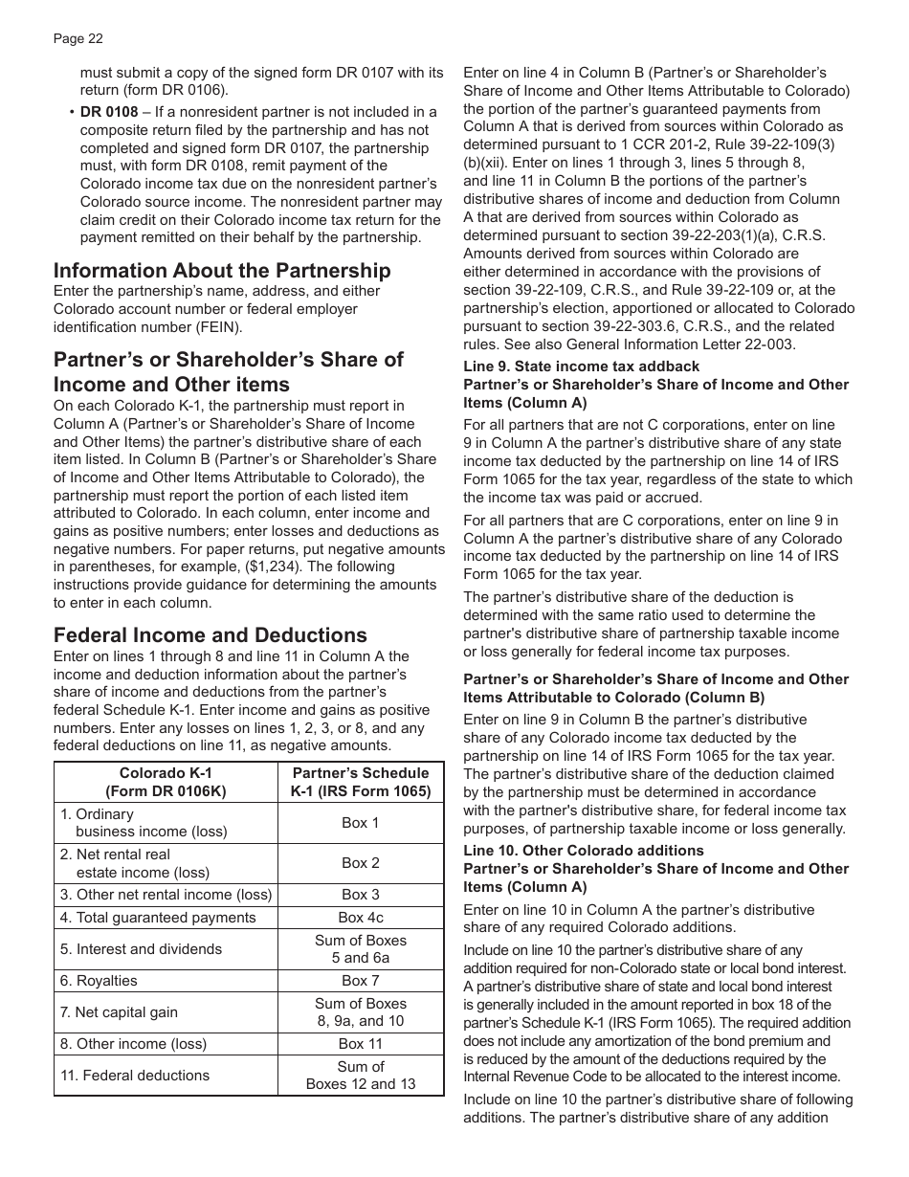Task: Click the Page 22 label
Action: tap(78, 39)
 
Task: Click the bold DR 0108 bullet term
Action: tap(106, 112)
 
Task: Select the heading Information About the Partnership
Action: tap(222, 271)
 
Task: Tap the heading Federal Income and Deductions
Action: tap(210, 635)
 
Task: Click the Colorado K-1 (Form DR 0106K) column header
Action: tap(166, 782)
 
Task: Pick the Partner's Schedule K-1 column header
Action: tap(361, 782)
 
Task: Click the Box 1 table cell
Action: tap(361, 823)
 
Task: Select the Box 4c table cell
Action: tap(361, 918)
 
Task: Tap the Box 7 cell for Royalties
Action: tap(361, 981)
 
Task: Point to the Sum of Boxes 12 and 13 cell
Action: tap(361, 1076)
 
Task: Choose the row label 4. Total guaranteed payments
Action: tap(158, 918)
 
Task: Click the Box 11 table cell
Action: tap(361, 1044)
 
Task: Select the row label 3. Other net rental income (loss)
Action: tap(166, 895)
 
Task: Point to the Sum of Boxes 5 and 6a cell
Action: tap(361, 949)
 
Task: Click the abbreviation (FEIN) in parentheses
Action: tap(215, 327)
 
